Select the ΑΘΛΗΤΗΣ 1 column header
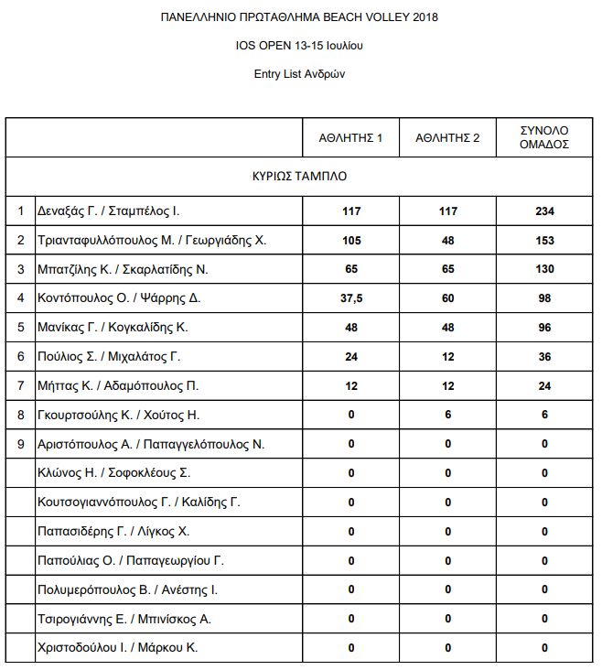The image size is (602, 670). pyautogui.click(x=350, y=138)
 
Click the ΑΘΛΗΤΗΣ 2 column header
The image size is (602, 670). pyautogui.click(x=447, y=138)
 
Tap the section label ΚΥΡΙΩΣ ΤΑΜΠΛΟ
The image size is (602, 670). pyautogui.click(x=300, y=175)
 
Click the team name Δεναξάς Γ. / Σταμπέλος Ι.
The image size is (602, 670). pyautogui.click(x=108, y=211)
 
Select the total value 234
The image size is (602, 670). pyautogui.click(x=544, y=211)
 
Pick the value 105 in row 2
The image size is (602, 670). pyautogui.click(x=351, y=241)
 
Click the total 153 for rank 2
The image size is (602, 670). pyautogui.click(x=544, y=241)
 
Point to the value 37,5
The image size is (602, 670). pyautogui.click(x=351, y=298)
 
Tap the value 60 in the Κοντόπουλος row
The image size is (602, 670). pyautogui.click(x=447, y=298)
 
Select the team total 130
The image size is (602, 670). pyautogui.click(x=544, y=270)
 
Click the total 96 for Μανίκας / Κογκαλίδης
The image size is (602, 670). pyautogui.click(x=544, y=328)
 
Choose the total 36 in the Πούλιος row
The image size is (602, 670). pyautogui.click(x=544, y=357)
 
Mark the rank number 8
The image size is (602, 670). pyautogui.click(x=20, y=415)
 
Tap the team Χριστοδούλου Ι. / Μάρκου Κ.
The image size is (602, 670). pyautogui.click(x=117, y=647)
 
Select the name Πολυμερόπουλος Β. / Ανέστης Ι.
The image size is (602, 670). pyautogui.click(x=127, y=589)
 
